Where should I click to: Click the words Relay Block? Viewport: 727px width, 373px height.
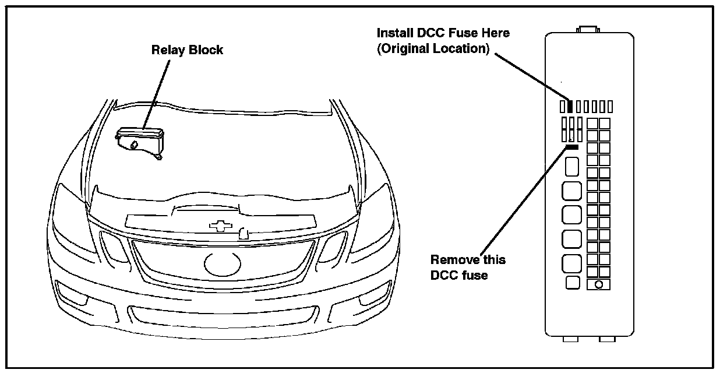click(187, 50)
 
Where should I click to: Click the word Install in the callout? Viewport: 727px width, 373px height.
click(394, 33)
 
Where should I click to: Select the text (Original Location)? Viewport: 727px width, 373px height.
click(433, 49)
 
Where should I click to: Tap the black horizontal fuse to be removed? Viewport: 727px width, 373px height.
click(571, 147)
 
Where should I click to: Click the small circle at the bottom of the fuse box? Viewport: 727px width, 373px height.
click(598, 284)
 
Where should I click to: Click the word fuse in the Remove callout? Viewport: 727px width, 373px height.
click(475, 275)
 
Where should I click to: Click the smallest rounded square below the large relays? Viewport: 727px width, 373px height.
click(573, 283)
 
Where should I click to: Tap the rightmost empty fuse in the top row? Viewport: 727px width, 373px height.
click(610, 107)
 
